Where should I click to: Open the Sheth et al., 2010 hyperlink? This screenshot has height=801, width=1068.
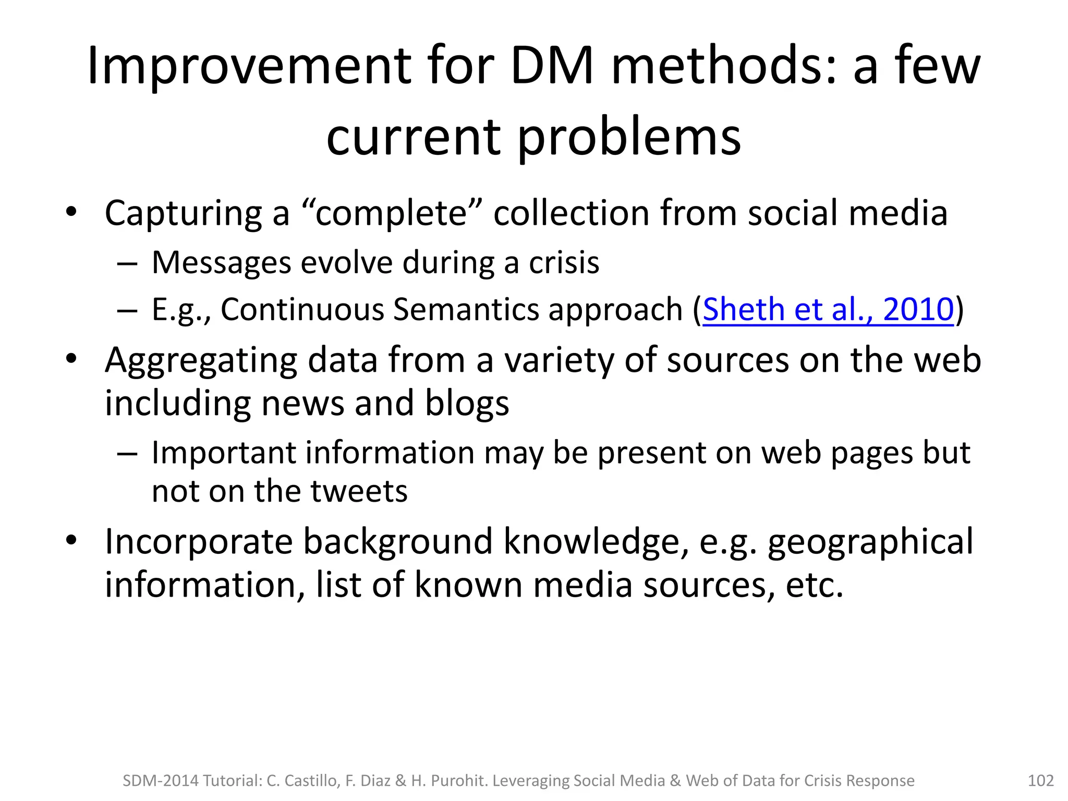tap(828, 309)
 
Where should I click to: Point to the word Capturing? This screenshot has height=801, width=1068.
tap(183, 214)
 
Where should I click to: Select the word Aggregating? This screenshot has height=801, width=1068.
tap(201, 361)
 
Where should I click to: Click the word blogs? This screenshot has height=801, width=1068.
tap(467, 404)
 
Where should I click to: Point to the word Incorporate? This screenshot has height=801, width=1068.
tap(199, 541)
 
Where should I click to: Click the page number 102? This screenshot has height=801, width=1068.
tap(1040, 781)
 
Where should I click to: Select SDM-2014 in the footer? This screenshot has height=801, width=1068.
tap(161, 781)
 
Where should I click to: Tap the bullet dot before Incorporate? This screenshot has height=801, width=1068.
tap(71, 540)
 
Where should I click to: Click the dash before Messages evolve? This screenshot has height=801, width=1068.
tap(127, 263)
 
